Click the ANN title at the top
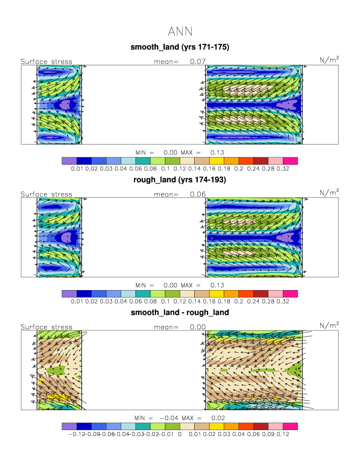pyautogui.click(x=179, y=31)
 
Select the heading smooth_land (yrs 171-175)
pyautogui.click(x=179, y=47)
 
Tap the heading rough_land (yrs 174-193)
pyautogui.click(x=179, y=180)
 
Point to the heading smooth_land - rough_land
pyautogui.click(x=179, y=313)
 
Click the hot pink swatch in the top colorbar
pyautogui.click(x=290, y=160)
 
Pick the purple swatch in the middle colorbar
pyautogui.click(x=69, y=294)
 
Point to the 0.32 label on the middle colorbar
pyautogui.click(x=290, y=302)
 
